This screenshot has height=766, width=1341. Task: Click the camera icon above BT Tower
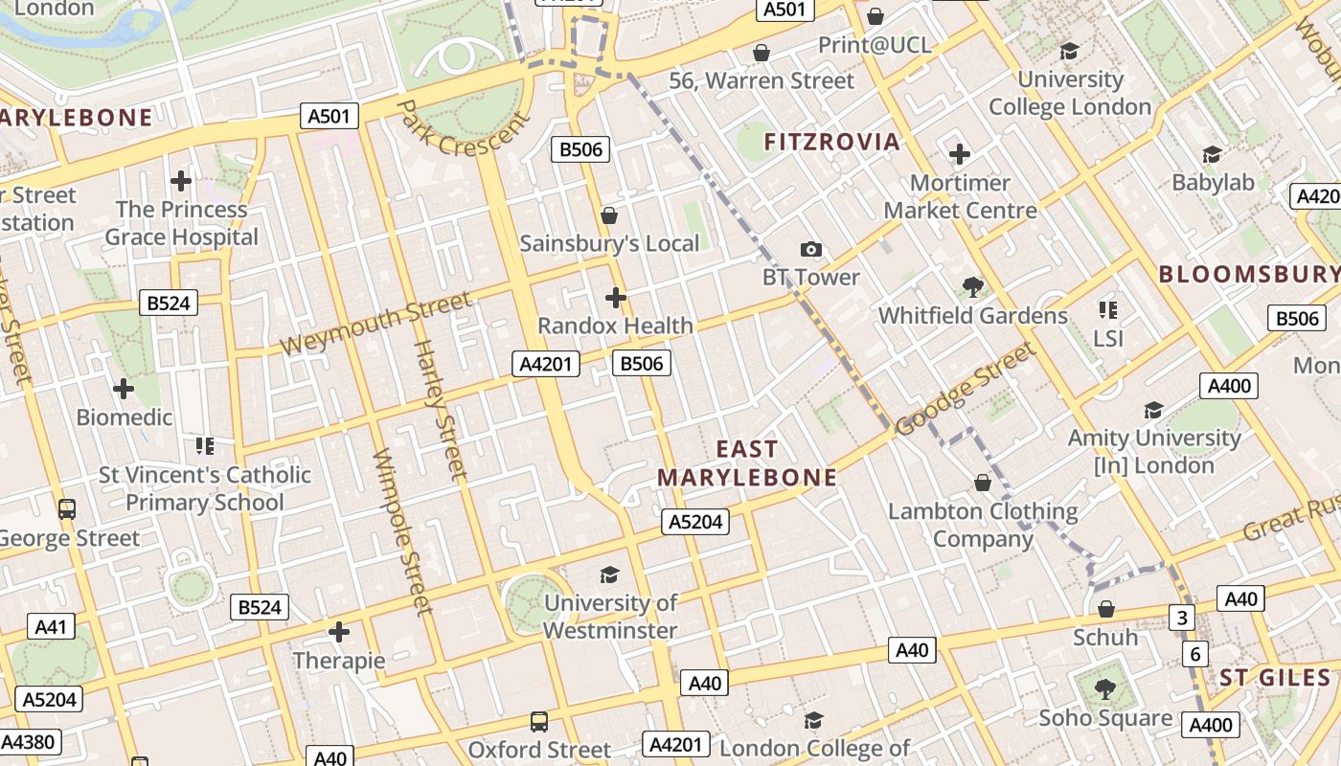(x=810, y=250)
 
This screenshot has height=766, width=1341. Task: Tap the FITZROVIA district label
(x=831, y=143)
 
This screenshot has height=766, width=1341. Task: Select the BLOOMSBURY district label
(x=1248, y=274)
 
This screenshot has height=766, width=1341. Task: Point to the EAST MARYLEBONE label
(x=746, y=463)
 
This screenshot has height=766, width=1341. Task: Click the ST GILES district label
(x=1275, y=678)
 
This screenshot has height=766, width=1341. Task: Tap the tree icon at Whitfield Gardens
(x=973, y=286)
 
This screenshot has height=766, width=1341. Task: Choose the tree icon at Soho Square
(x=1105, y=688)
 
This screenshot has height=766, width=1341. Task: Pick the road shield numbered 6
(x=1194, y=654)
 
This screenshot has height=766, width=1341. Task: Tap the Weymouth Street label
(x=375, y=325)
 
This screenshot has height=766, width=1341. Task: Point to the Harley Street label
(x=440, y=409)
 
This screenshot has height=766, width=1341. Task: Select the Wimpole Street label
(x=402, y=530)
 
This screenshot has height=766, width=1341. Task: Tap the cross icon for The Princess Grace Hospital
(x=181, y=180)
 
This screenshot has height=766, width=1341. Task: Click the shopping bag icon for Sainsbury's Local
(x=608, y=215)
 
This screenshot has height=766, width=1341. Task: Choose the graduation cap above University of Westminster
(x=609, y=574)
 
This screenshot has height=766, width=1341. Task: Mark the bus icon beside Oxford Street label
(x=539, y=721)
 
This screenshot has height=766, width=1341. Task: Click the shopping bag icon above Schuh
(x=1105, y=609)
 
